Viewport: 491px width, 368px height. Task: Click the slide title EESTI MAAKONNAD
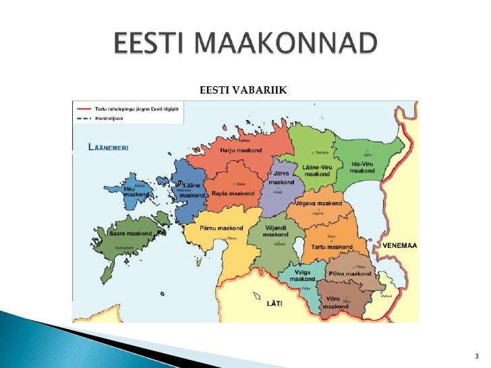point(244,45)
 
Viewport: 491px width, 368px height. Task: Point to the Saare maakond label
point(130,233)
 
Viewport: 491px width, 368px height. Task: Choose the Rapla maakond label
point(233,193)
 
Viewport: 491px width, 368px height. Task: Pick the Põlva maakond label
point(350,274)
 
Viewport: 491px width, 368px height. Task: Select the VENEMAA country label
point(400,246)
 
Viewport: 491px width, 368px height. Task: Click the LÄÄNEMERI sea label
point(109,147)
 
